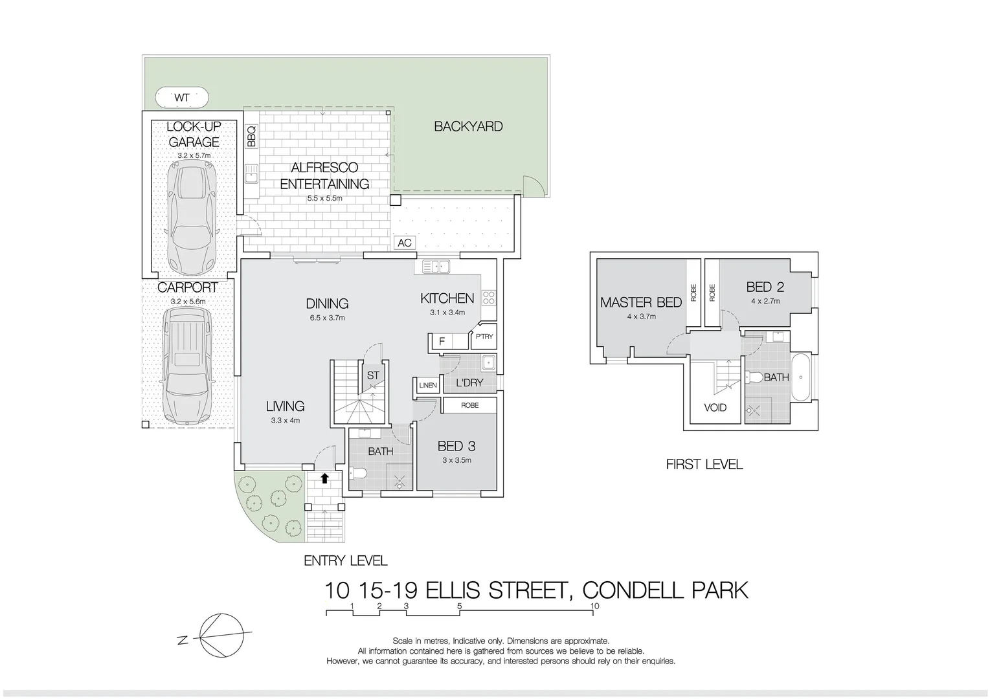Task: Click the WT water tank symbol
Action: (182, 98)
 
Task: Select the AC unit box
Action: (405, 243)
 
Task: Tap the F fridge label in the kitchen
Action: (442, 341)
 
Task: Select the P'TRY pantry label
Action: (484, 337)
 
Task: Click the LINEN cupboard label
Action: (428, 385)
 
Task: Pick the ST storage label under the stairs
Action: (373, 375)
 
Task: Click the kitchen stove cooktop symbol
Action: (489, 298)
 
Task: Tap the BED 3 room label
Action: (456, 446)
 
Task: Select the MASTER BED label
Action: (640, 302)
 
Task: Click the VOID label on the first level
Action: (715, 408)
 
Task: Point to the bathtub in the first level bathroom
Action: (802, 377)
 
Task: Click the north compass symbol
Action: (221, 636)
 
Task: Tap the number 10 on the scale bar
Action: (594, 606)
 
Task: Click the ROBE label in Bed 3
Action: (470, 405)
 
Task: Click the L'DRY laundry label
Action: (469, 383)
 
